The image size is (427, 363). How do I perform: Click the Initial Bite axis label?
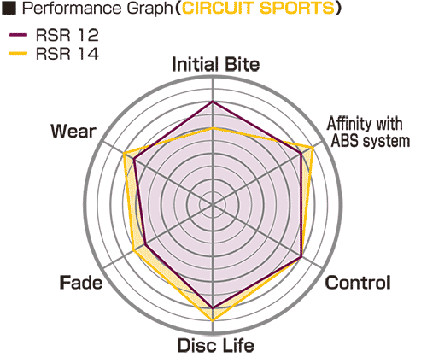216,64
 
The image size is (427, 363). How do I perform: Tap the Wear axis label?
73,132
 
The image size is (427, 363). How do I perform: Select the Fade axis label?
81,283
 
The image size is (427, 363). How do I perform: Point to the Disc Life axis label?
216,345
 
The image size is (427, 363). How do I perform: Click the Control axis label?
358,283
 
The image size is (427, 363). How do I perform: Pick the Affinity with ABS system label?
368,132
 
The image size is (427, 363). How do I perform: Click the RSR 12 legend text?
67,35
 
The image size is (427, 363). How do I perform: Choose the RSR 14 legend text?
67,53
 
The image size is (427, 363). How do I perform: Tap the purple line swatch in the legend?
18,35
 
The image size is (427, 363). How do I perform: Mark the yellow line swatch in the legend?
18,53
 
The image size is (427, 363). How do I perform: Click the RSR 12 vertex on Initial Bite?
213,102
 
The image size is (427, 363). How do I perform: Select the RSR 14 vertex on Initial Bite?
213,128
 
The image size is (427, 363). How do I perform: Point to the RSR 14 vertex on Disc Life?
213,320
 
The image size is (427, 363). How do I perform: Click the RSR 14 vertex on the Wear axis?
124,154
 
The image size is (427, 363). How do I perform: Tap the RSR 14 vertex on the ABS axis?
313,148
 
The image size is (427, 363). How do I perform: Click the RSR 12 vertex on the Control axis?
301,257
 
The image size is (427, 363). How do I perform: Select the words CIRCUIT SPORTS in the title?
259,8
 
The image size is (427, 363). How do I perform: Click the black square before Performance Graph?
9,9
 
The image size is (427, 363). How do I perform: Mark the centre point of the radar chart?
213,204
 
